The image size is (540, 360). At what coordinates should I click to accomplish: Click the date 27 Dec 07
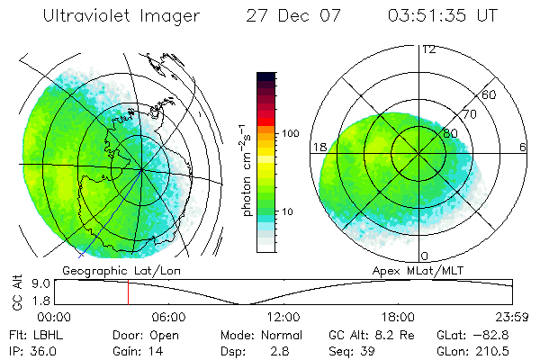[290, 16]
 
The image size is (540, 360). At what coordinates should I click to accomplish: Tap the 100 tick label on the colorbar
[291, 133]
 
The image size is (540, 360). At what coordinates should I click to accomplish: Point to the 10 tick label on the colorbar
[288, 212]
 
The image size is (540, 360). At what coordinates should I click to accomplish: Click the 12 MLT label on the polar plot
[428, 49]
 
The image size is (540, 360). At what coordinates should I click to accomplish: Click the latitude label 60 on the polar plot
[490, 94]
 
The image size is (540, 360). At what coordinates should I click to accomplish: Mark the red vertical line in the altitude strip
[128, 292]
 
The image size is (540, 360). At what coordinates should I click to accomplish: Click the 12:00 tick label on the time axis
[283, 317]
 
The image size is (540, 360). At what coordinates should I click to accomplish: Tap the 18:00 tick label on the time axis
[397, 317]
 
